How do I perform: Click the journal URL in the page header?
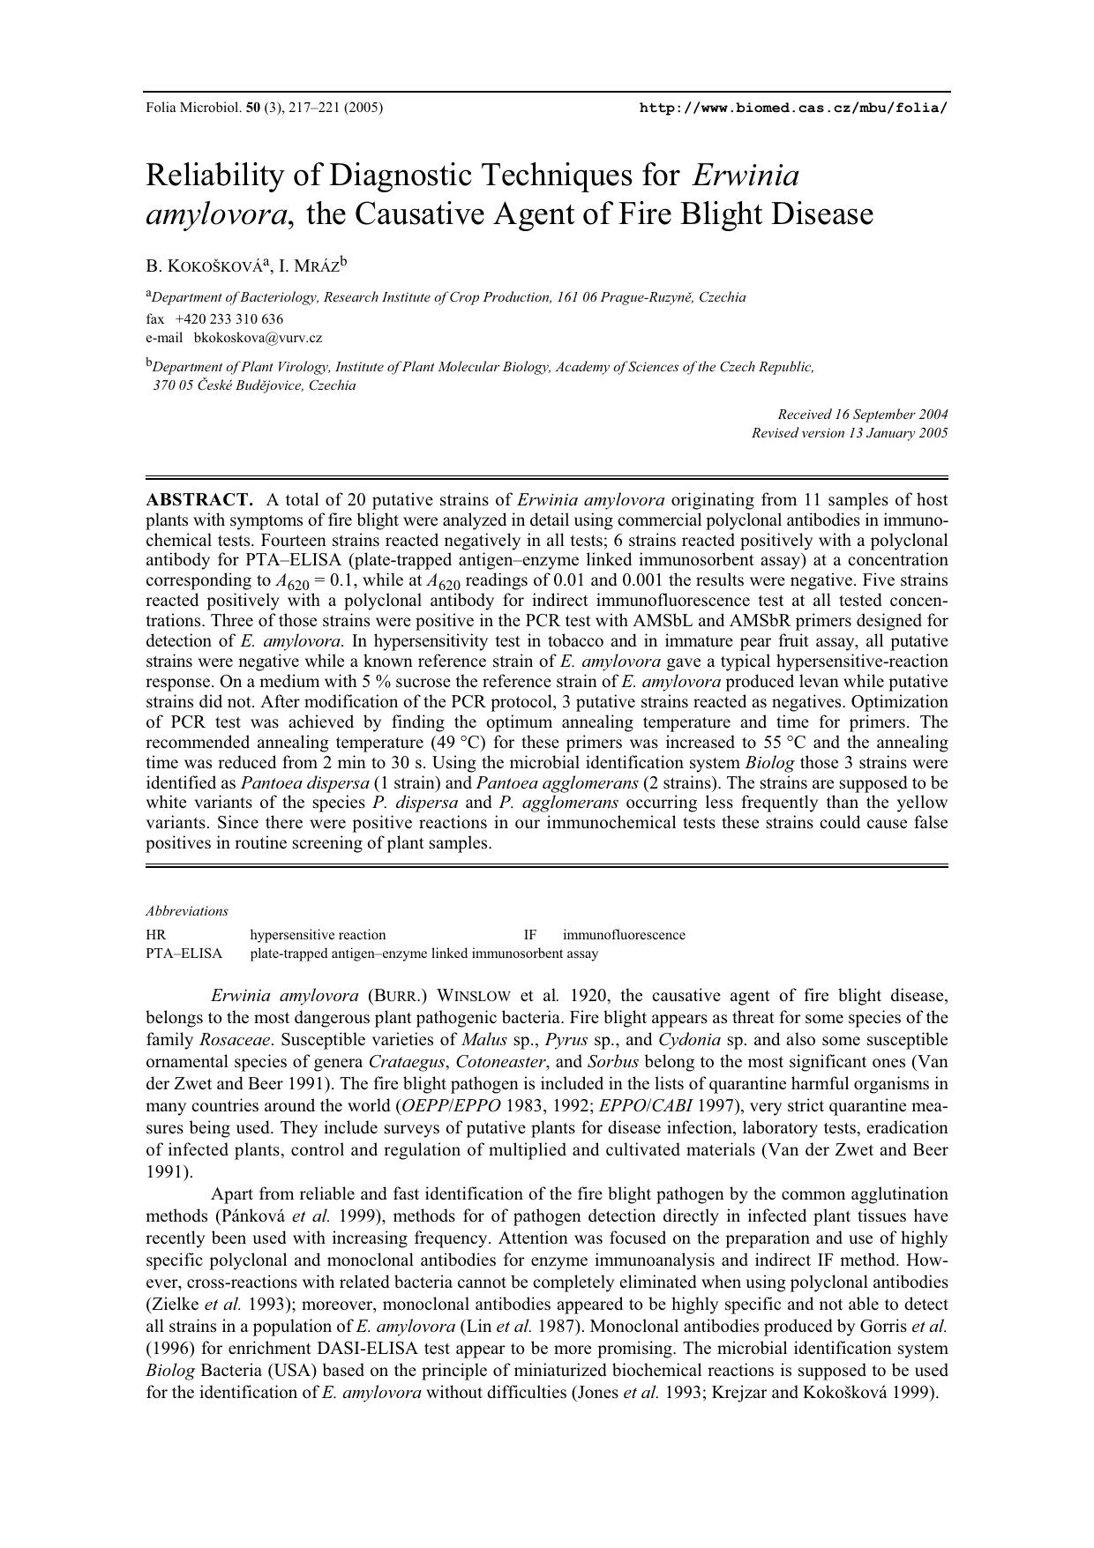793,108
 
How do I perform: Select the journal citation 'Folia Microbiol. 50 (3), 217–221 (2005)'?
264,108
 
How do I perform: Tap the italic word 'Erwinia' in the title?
746,175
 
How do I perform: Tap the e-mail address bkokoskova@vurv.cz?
258,337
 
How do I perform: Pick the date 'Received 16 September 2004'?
862,414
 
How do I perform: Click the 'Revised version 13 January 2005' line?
850,432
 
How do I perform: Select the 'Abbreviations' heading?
187,911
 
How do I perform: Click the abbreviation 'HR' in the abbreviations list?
155,935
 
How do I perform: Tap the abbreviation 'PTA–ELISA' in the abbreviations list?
184,953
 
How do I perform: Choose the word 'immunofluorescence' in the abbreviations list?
624,935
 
